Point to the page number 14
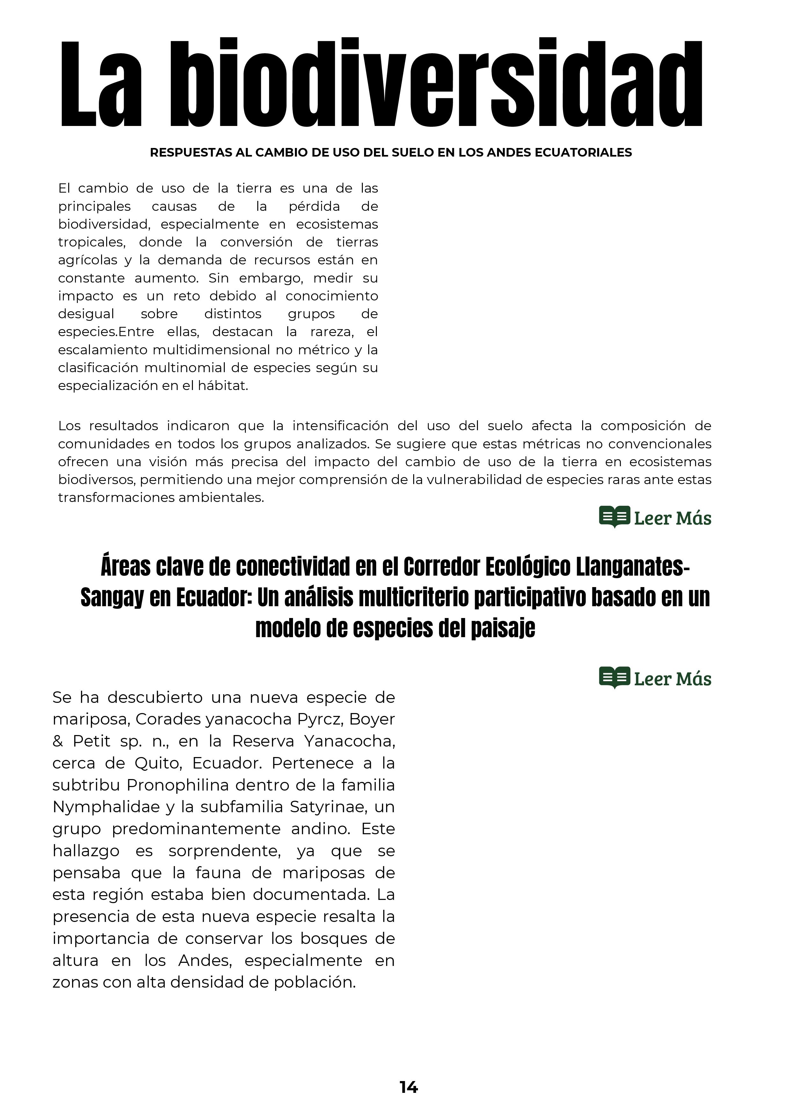408,1087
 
